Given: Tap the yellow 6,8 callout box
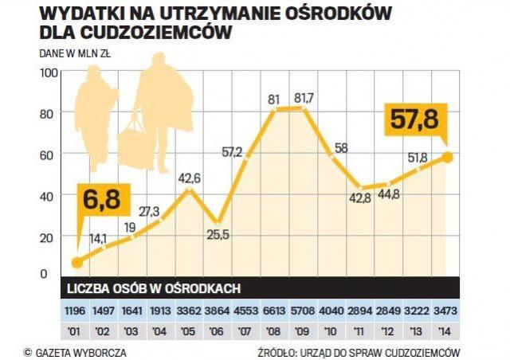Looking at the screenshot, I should point(99,199).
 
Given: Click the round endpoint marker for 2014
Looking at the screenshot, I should point(448,157).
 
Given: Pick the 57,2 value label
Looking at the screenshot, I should point(233,151).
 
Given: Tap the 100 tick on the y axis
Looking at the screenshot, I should point(49,72).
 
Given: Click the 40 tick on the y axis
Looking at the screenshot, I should point(49,196).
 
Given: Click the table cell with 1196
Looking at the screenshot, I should point(76,308).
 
